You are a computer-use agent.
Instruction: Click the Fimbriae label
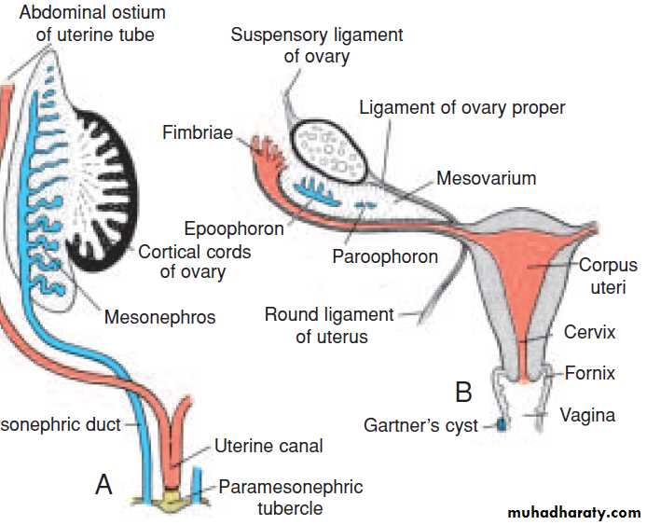click(x=197, y=133)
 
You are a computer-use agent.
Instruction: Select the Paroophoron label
click(x=385, y=256)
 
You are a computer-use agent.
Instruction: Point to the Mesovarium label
click(x=486, y=178)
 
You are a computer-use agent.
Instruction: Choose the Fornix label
click(x=590, y=374)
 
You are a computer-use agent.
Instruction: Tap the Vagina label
click(x=587, y=415)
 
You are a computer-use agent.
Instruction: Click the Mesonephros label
click(x=159, y=317)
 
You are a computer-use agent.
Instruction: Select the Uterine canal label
click(x=268, y=446)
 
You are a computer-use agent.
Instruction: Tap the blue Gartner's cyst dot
click(x=501, y=424)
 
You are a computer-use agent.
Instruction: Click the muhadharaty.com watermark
click(x=572, y=513)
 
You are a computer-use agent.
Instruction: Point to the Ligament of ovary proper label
click(x=462, y=108)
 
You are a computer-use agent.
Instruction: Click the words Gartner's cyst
click(x=420, y=425)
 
